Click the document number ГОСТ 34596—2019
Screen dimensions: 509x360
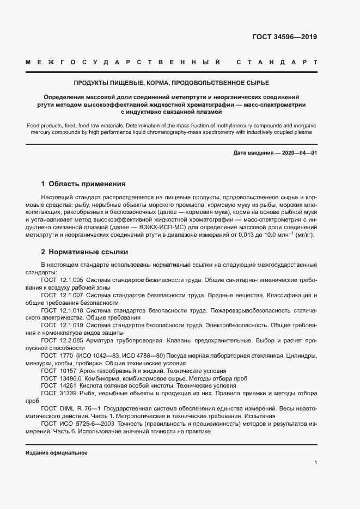pyautogui.click(x=284, y=37)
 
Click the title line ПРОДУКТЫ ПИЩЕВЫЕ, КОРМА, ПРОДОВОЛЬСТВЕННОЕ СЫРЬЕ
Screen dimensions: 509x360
pyautogui.click(x=172, y=83)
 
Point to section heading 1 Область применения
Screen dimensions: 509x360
pyautogui.click(x=83, y=184)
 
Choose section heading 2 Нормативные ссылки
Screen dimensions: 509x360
pyautogui.click(x=84, y=252)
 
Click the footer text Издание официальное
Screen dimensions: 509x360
pyautogui.click(x=57, y=453)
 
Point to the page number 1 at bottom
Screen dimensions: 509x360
pyautogui.click(x=315, y=463)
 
